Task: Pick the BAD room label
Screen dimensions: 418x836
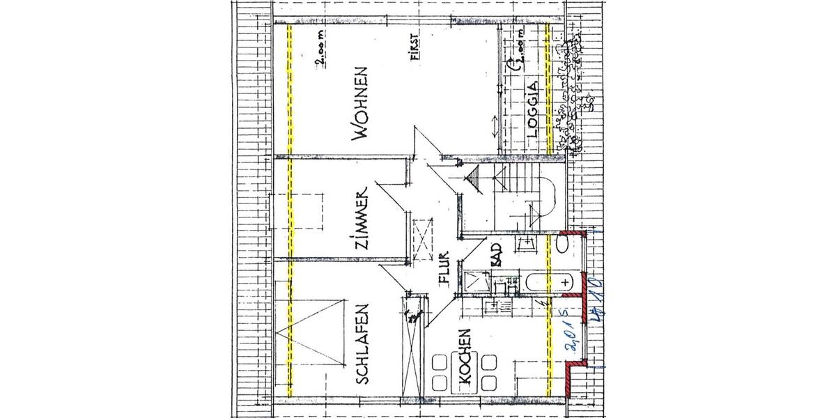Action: point(497,256)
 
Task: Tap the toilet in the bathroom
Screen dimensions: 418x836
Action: point(563,245)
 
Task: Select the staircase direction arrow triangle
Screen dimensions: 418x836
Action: point(473,183)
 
